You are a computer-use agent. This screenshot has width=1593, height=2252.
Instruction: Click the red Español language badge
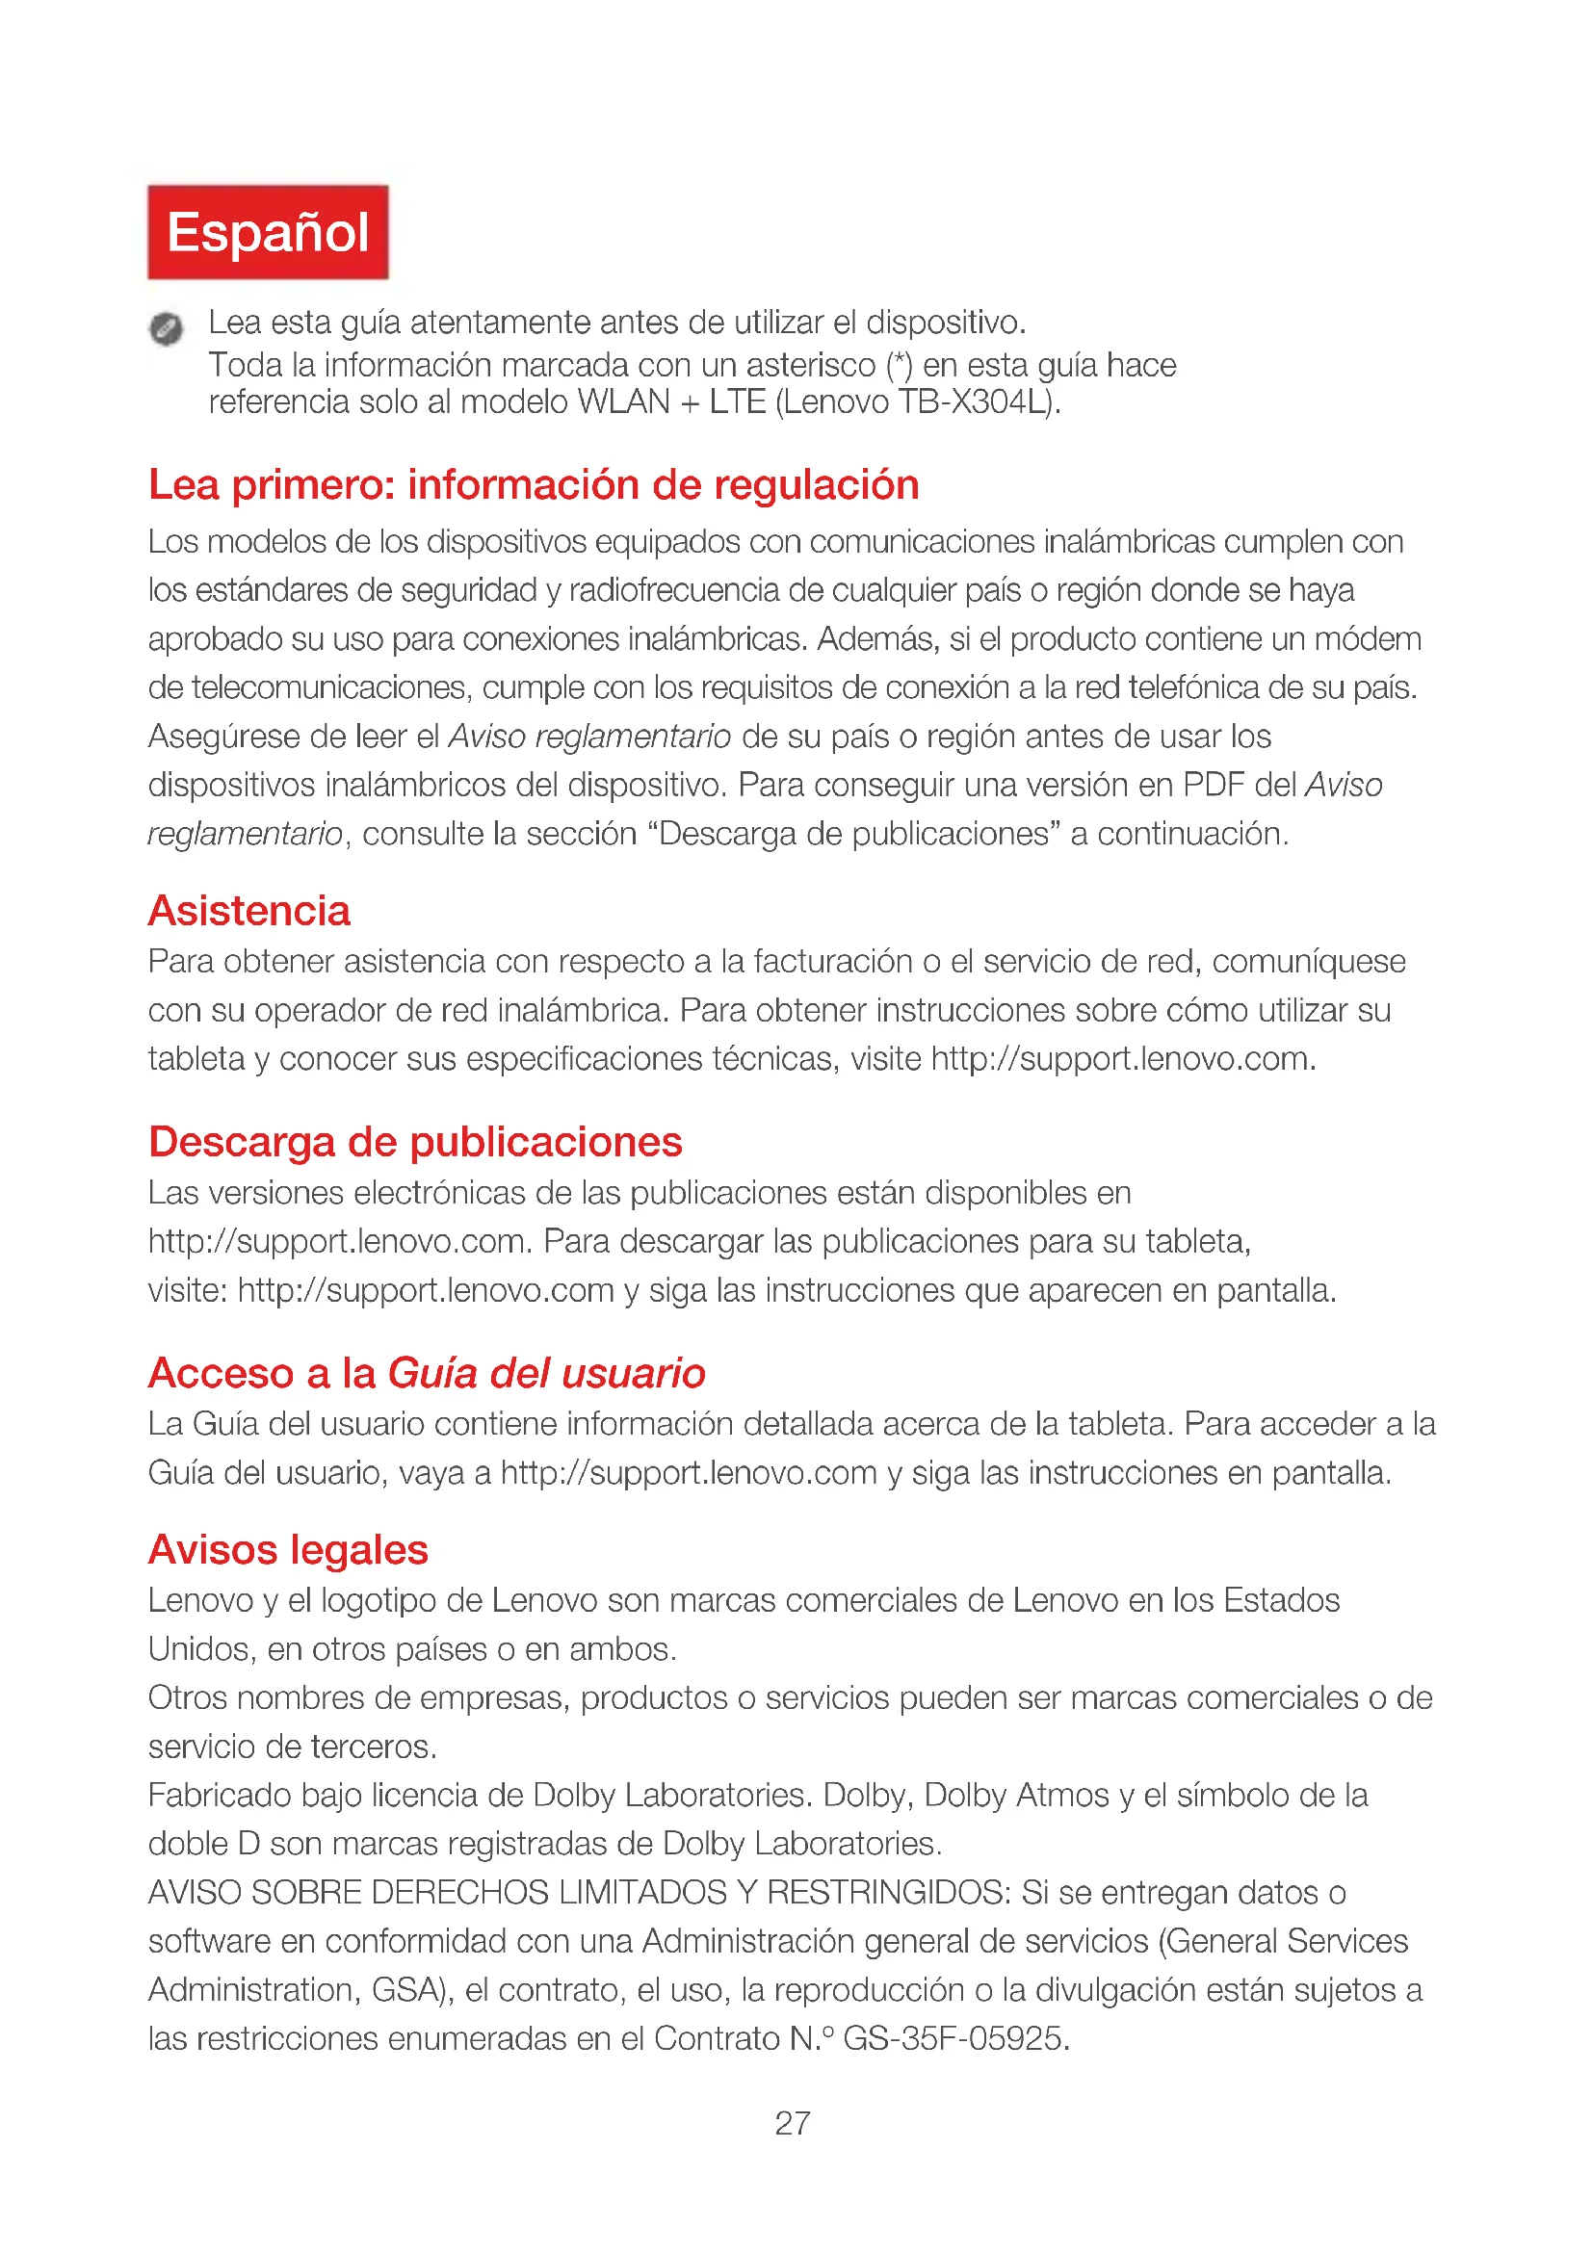[268, 232]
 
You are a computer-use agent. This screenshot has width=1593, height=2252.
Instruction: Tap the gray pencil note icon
[166, 327]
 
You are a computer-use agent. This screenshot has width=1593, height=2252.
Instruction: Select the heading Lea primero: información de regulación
[533, 485]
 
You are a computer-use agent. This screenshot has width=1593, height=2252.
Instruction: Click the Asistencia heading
[249, 911]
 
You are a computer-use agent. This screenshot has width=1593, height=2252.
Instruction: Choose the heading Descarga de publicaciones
[415, 1142]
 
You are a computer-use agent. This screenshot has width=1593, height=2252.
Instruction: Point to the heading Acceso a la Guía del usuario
[427, 1373]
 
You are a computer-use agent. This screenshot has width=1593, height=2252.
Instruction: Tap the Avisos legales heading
[288, 1550]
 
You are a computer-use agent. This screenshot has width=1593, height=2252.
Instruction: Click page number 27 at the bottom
[793, 2124]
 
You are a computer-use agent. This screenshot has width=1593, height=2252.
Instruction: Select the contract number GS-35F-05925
[954, 2039]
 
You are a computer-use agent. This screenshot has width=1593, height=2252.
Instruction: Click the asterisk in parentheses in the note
[900, 365]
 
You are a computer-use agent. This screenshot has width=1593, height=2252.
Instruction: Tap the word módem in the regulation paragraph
[1368, 639]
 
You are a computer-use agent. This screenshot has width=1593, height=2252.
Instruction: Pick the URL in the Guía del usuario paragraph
[689, 1473]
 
